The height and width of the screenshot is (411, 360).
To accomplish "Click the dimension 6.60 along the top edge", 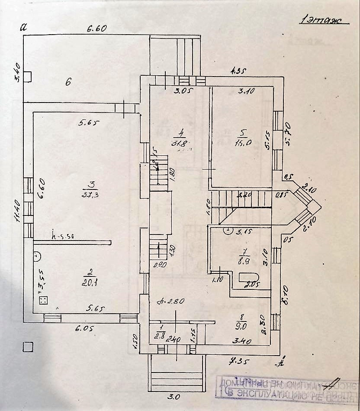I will point(96,29).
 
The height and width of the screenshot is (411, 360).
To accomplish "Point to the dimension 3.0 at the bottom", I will point(175,396).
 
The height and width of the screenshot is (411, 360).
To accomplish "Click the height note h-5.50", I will point(64,236).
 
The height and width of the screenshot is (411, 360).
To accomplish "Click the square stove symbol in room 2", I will point(43,300).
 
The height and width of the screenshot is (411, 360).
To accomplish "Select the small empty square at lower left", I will point(28,347).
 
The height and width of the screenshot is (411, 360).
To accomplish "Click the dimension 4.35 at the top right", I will point(238,71).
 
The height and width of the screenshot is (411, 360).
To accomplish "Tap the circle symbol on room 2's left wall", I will point(37,256).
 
